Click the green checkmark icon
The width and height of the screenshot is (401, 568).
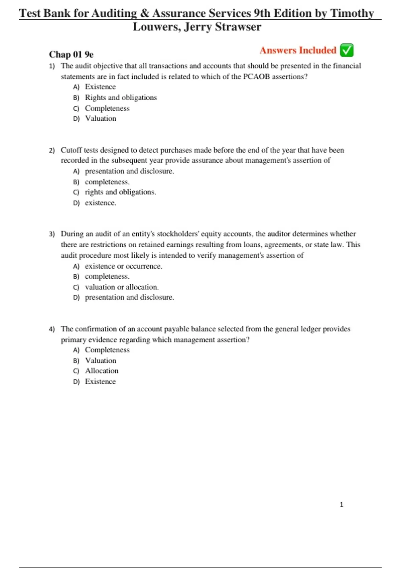347,50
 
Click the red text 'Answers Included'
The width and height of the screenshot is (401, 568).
298,50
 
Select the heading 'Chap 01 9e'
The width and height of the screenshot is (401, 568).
71,54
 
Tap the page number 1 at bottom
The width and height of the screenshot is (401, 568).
341,505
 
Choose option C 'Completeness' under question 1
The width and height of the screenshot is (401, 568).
107,108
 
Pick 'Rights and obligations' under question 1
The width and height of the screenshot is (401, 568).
121,98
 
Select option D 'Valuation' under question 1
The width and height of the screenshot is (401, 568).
101,119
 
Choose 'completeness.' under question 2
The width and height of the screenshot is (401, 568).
107,182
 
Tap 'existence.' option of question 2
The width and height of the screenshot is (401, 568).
101,203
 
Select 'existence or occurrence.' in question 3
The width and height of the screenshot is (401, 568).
123,266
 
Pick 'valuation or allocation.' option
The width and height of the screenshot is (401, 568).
122,287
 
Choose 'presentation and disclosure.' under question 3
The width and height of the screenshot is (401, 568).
129,297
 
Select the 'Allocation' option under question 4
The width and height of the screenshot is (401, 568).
102,371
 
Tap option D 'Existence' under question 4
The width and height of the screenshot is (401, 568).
100,382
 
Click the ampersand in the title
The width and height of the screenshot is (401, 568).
144,13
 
